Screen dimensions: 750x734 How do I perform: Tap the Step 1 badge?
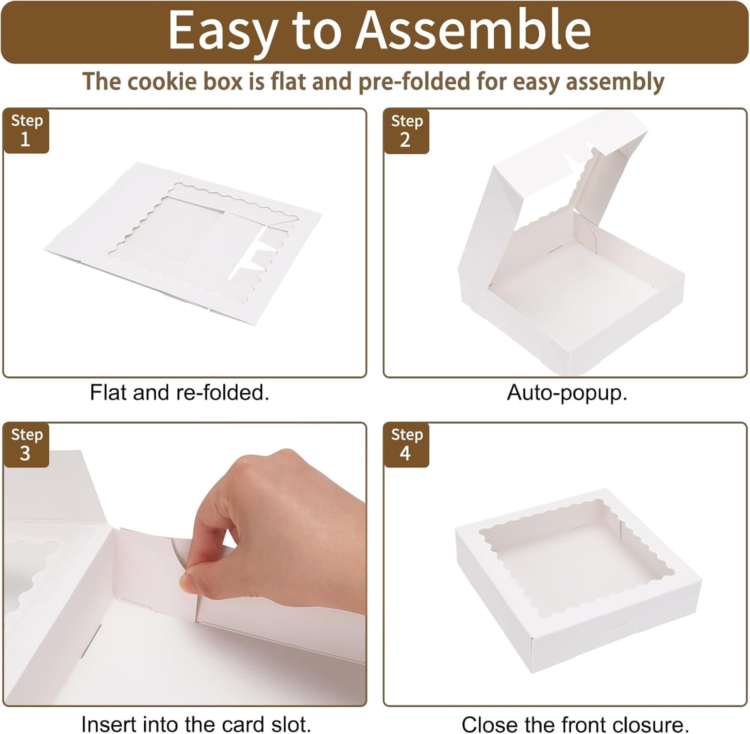pos(26,130)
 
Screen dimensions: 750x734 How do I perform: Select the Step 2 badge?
pos(406,131)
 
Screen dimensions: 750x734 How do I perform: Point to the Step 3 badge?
pos(26,445)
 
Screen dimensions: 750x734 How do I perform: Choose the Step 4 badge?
pos(406,445)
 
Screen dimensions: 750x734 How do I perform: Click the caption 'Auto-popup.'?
pos(567,393)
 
